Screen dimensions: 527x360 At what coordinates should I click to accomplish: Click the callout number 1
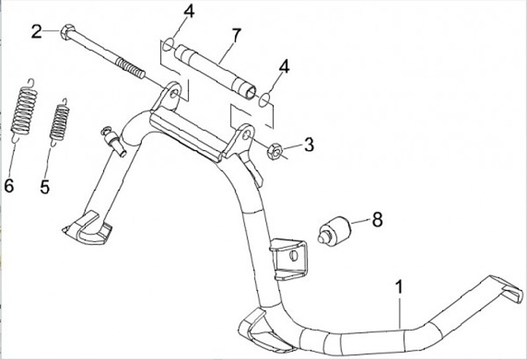click(x=399, y=286)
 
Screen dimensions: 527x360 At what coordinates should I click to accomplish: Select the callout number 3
click(x=309, y=144)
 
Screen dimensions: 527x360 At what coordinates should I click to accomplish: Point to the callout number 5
click(x=45, y=187)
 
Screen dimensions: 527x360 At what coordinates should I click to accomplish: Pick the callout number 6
click(x=9, y=186)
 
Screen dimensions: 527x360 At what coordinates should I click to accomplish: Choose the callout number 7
click(x=235, y=34)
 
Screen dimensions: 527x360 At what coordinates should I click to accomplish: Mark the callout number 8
click(x=376, y=219)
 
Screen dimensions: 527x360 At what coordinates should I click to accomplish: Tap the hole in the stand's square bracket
click(x=294, y=255)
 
